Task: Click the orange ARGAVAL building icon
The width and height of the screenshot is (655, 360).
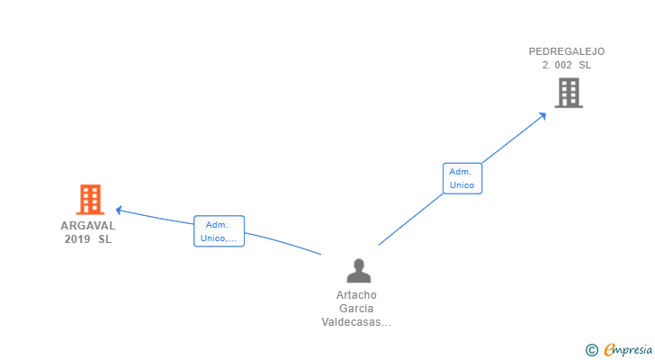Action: tap(89, 199)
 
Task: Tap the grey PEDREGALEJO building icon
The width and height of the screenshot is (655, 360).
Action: tap(569, 93)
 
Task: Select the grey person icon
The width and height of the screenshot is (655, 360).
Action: tap(358, 270)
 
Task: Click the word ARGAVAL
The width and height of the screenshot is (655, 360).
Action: tap(88, 226)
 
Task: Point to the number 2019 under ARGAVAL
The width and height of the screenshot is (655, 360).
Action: tap(77, 238)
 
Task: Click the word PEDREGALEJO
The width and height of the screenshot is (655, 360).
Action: tap(566, 51)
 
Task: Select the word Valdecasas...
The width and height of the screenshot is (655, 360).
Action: tap(352, 322)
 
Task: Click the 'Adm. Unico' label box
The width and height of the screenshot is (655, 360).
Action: tap(462, 178)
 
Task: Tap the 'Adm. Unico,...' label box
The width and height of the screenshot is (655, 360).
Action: tap(219, 231)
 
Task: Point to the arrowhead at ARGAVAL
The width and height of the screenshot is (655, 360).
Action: tap(120, 211)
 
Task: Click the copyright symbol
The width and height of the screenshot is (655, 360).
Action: tap(591, 350)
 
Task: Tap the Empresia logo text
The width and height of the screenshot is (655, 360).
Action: tap(628, 349)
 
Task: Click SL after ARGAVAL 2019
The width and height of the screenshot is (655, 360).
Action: tap(105, 238)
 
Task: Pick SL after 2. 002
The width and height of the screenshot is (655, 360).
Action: tap(585, 65)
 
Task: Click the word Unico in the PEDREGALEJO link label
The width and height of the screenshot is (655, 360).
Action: tap(462, 184)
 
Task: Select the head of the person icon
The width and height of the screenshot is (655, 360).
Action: tap(358, 265)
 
